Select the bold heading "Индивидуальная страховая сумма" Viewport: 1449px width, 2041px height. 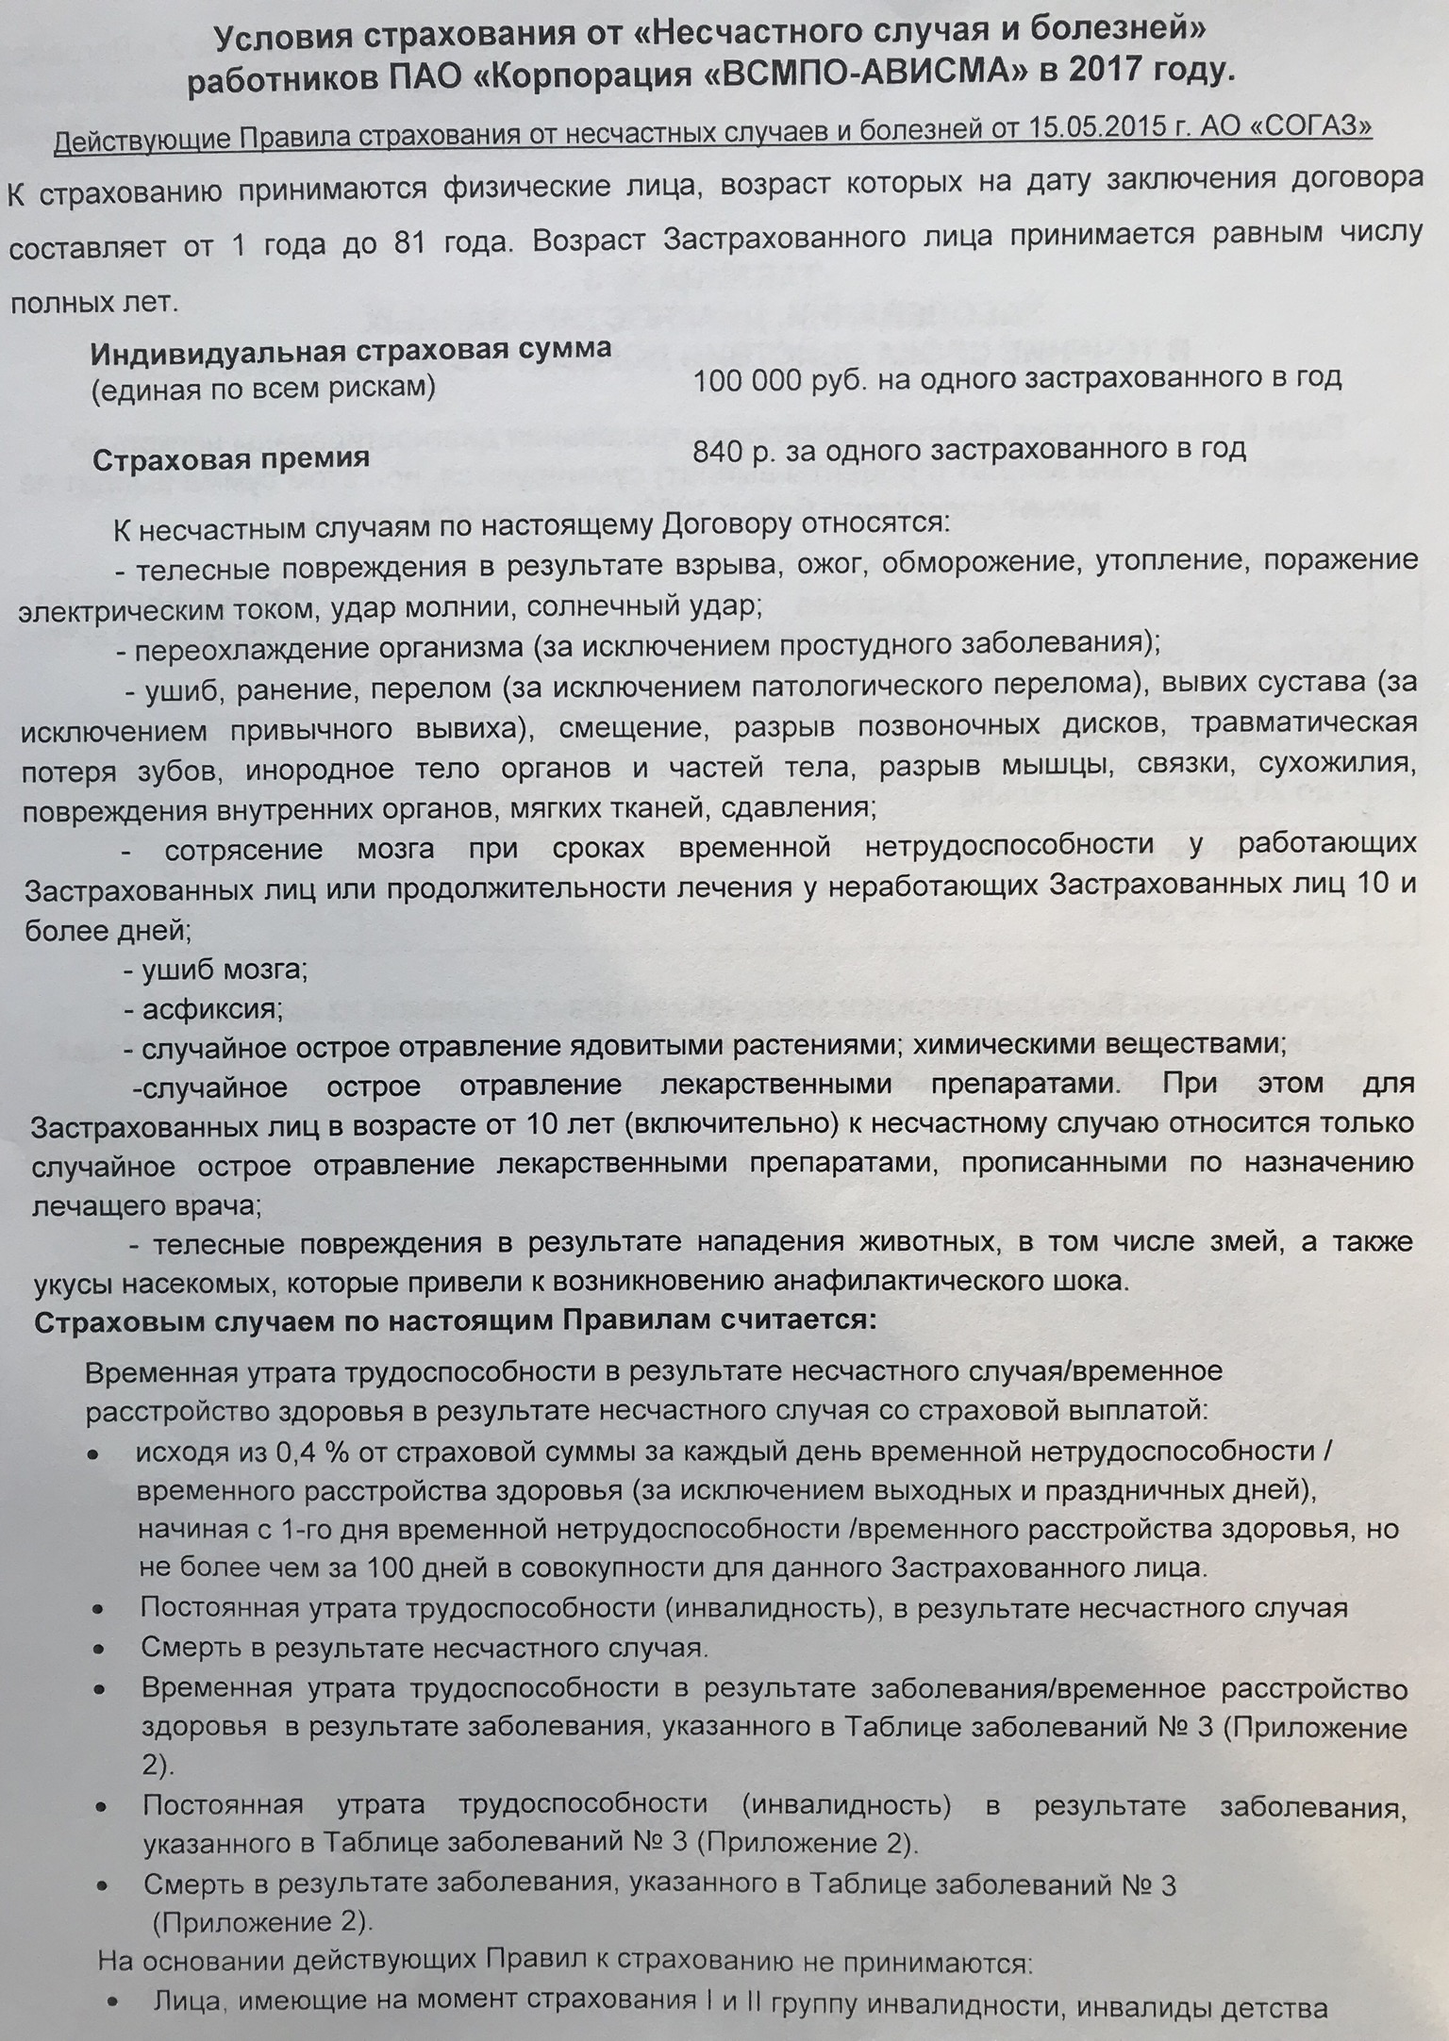[x=350, y=350]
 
